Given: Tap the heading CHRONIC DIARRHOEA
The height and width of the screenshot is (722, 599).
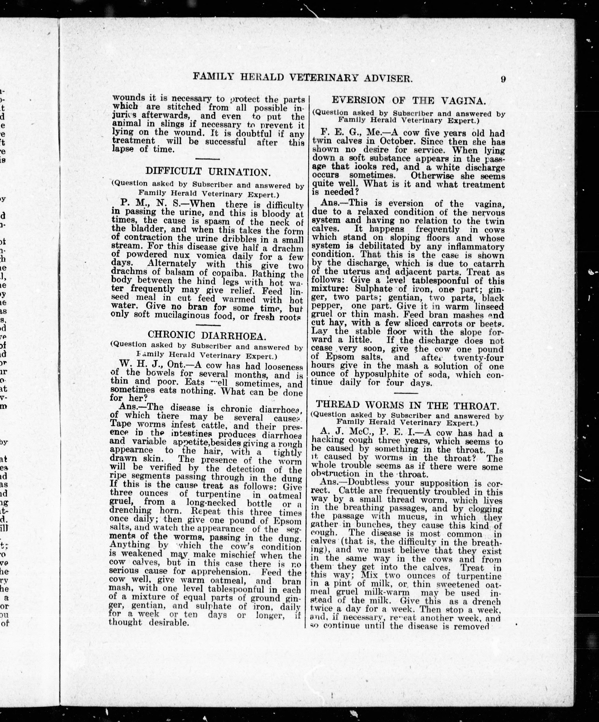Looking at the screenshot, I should (x=207, y=335).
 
